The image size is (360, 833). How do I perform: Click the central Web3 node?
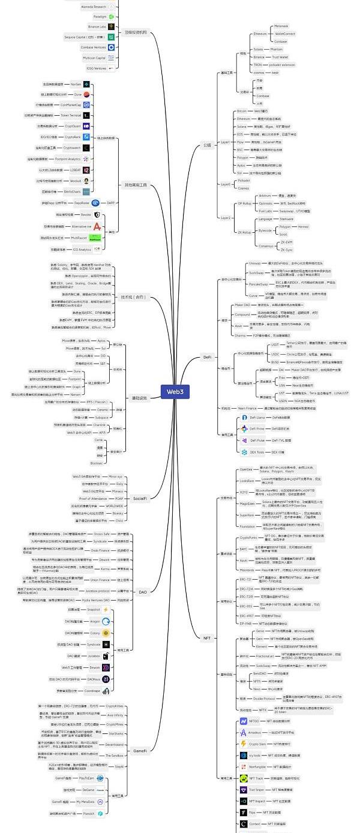[x=175, y=391]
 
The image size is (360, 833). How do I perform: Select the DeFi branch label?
[x=207, y=356]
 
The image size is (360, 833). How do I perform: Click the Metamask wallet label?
[x=281, y=26]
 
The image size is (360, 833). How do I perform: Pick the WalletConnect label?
[x=285, y=34]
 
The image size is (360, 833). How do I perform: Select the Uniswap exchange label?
[x=255, y=263]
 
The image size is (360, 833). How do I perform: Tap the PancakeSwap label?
[x=259, y=284]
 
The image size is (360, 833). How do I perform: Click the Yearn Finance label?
[x=247, y=408]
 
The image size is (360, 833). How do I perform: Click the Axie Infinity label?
[x=115, y=715]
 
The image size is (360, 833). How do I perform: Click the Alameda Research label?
[x=94, y=7]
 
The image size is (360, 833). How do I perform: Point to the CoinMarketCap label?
[x=70, y=104]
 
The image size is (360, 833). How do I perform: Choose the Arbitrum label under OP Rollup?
[x=265, y=196]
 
